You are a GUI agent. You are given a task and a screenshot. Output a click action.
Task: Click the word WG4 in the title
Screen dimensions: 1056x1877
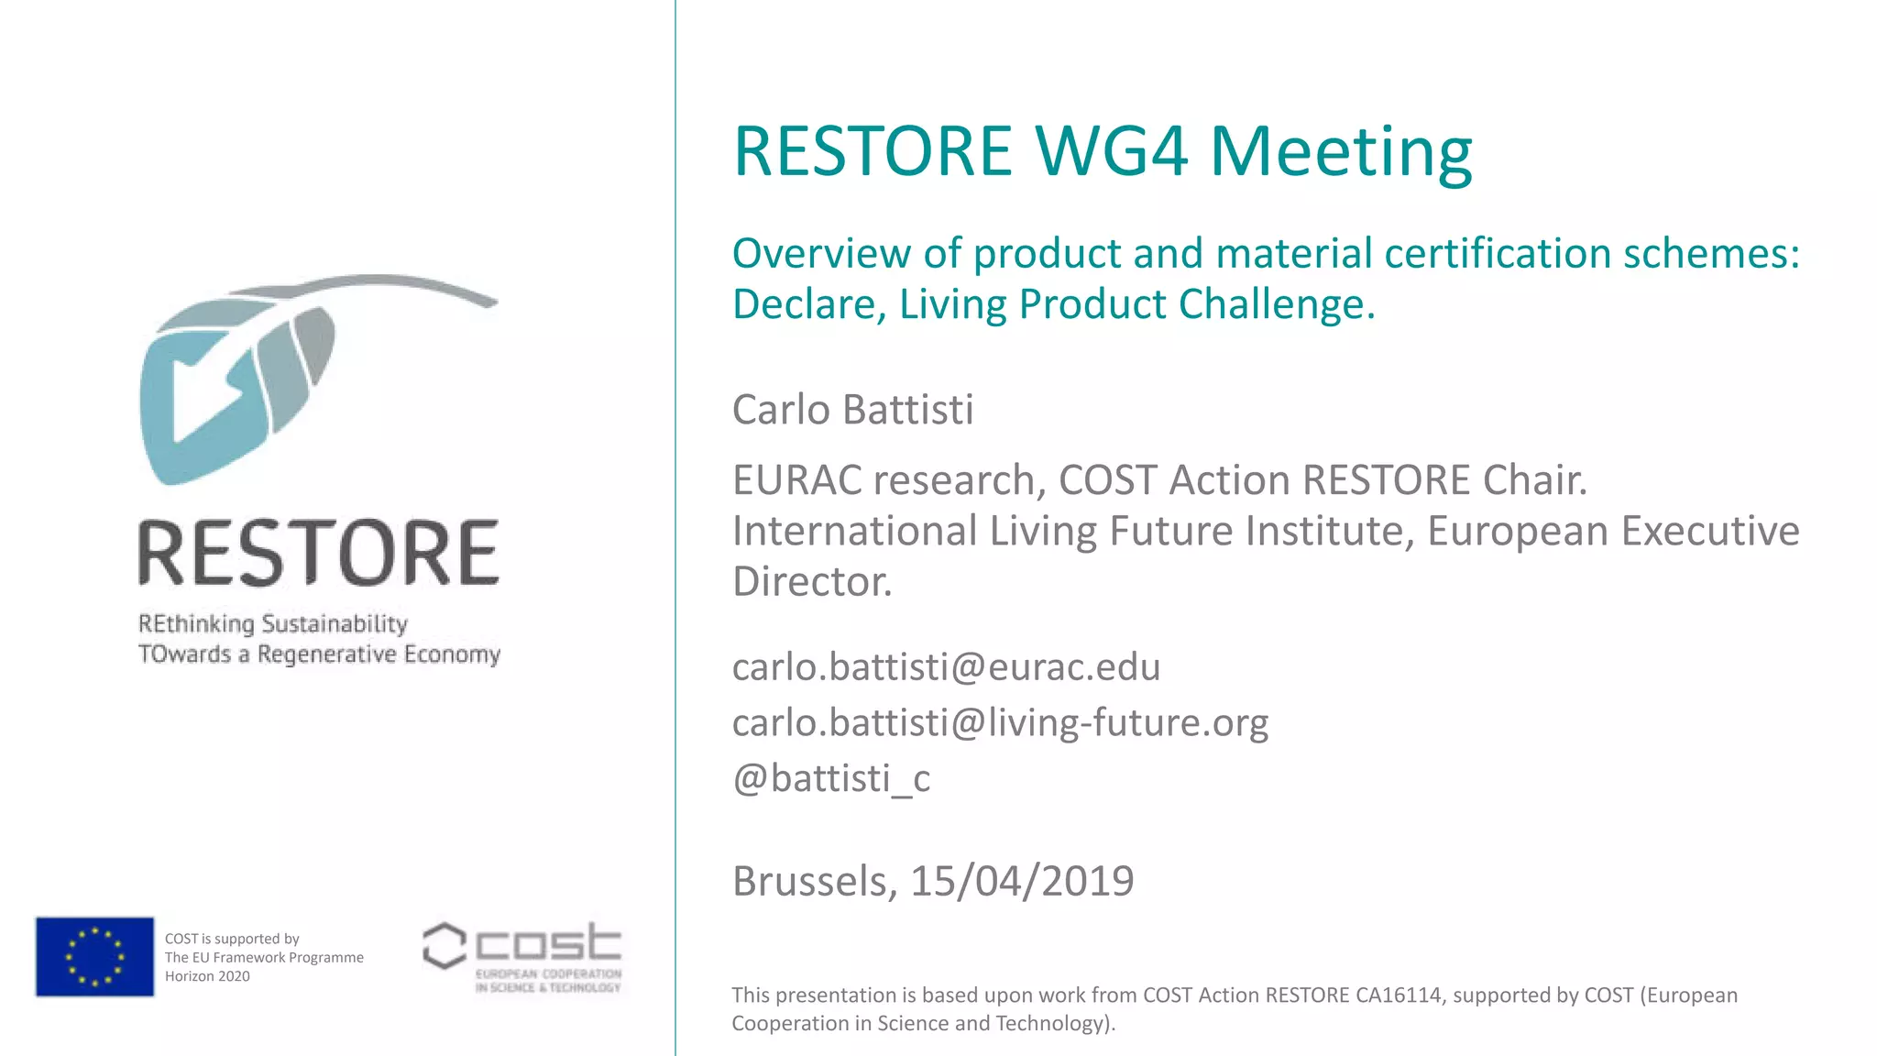click(x=1112, y=151)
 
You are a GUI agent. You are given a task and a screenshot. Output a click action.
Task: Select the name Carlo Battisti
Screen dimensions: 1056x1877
click(x=852, y=410)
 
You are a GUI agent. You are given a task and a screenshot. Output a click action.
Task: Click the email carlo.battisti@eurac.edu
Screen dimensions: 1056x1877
click(x=946, y=666)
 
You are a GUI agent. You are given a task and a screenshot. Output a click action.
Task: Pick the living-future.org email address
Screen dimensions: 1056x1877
click(x=1000, y=722)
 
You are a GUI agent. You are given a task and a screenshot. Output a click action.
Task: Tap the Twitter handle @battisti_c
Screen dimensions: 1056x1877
click(x=831, y=778)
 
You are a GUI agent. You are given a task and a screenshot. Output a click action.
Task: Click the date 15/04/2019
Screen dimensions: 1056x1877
click(x=1022, y=881)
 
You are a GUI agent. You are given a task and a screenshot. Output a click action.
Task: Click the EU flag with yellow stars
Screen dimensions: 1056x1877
click(x=94, y=956)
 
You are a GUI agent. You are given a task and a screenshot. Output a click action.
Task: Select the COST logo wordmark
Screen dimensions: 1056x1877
click(x=548, y=944)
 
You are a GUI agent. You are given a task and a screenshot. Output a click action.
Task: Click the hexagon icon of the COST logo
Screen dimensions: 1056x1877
click(x=445, y=946)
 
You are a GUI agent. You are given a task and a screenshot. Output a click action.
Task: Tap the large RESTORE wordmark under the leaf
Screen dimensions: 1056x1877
click(x=318, y=553)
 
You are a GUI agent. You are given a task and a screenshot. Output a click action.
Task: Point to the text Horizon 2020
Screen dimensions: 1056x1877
click(x=207, y=976)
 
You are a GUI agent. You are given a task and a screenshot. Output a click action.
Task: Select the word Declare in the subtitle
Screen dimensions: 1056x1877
click(x=808, y=304)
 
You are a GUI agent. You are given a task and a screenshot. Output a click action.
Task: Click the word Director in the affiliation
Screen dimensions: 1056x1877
click(x=812, y=581)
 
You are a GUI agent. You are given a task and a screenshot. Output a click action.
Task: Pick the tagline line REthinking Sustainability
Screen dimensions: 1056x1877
click(x=272, y=624)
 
